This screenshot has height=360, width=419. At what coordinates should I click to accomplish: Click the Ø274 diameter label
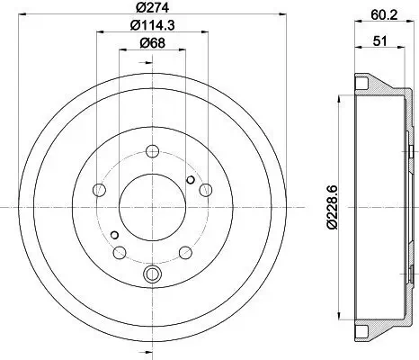152,12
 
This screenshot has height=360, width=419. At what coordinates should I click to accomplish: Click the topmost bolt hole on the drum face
152,150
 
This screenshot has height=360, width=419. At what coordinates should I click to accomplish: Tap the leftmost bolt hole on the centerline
98,190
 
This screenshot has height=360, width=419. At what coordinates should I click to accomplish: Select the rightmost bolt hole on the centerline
206,190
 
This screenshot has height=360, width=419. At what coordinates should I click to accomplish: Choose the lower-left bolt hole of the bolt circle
120,253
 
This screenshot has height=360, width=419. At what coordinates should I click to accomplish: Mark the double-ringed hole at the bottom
152,273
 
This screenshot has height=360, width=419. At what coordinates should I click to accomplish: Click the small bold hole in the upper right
190,180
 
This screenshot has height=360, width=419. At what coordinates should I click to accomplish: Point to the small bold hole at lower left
114,236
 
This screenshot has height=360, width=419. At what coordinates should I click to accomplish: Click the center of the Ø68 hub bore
152,206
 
